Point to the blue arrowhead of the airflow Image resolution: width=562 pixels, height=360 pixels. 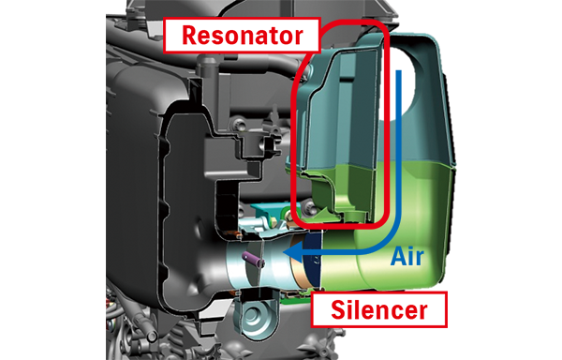290,254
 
